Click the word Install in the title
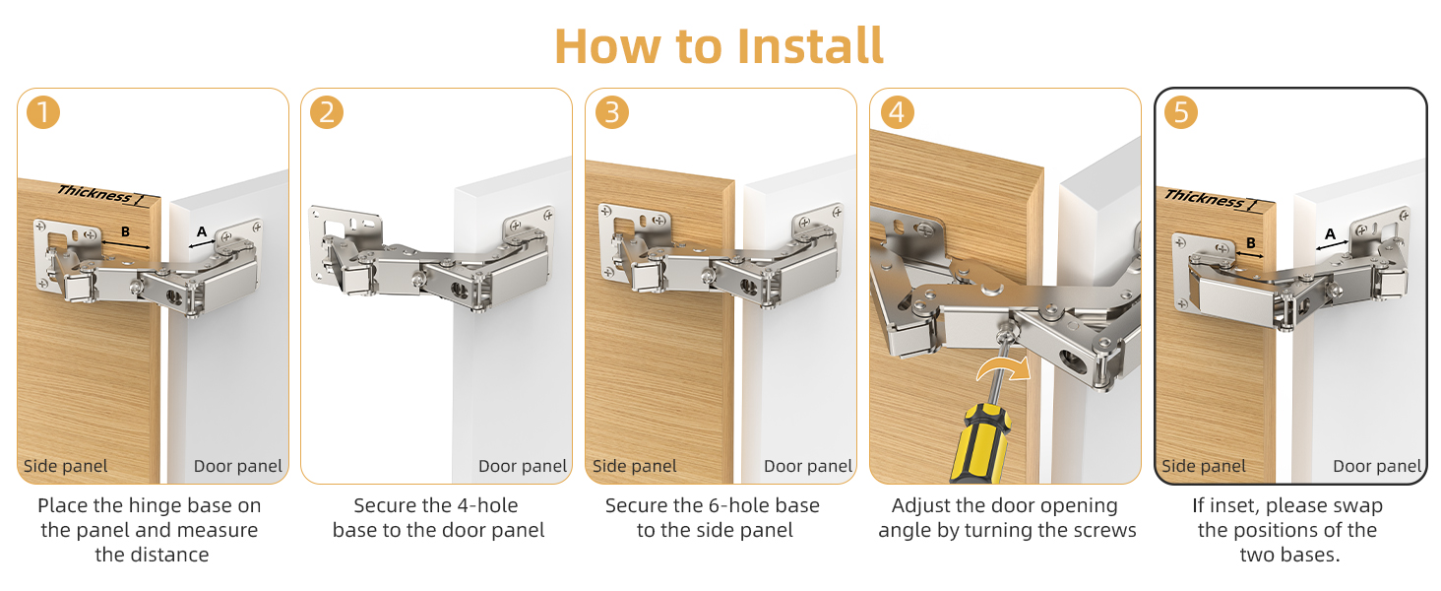coord(810,46)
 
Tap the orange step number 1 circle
coord(43,112)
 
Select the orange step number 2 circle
coord(327,112)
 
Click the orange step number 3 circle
coord(612,112)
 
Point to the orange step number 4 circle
coord(897,112)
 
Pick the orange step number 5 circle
coord(1181,112)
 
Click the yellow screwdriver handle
coord(979,444)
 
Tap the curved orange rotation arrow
coord(1004,369)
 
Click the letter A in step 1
coord(202,231)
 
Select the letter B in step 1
coord(125,231)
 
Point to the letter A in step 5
coord(1330,234)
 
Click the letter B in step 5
coord(1251,242)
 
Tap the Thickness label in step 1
coord(94,194)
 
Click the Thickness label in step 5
coord(1204,199)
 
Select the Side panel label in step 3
coord(634,466)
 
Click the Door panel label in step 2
coord(523,466)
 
